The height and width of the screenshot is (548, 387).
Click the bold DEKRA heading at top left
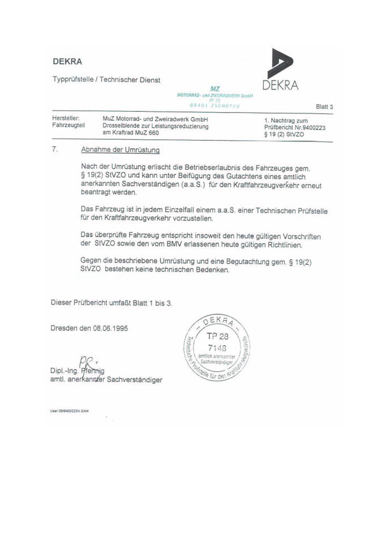pos(67,62)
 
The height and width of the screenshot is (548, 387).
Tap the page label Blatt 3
pos(324,106)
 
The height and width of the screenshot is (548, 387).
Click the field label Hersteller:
pos(65,119)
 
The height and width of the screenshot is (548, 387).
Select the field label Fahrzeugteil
pos(68,126)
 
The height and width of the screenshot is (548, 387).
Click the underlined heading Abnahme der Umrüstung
pos(120,150)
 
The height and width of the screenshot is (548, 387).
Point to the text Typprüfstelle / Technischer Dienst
pos(107,79)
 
